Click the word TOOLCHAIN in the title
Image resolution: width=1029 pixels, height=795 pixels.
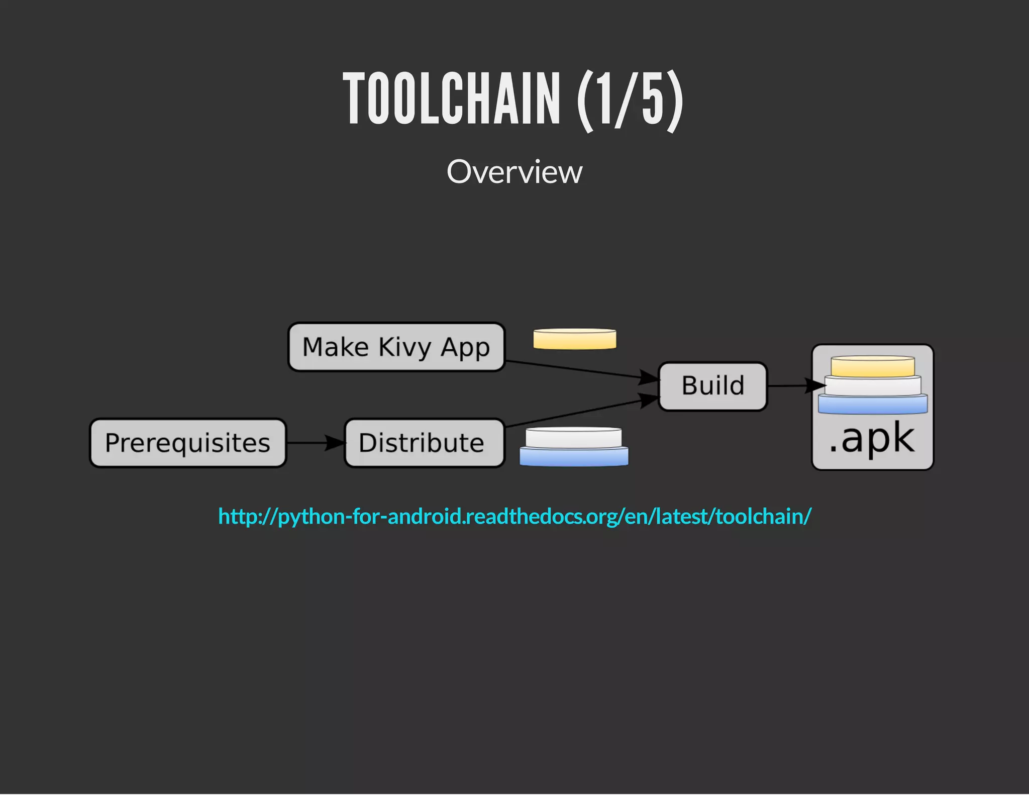(451, 98)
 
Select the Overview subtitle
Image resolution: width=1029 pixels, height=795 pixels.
(514, 172)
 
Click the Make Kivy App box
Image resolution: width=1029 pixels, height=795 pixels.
(396, 347)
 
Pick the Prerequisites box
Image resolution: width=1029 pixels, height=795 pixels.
(188, 443)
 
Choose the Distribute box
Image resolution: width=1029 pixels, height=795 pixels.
(424, 443)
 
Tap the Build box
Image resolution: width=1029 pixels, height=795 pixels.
(712, 386)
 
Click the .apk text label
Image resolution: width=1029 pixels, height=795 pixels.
(871, 439)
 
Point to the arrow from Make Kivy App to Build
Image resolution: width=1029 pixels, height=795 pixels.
(578, 369)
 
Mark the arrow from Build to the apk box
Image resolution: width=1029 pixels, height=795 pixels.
(794, 386)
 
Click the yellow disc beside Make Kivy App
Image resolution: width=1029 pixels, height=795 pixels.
(574, 339)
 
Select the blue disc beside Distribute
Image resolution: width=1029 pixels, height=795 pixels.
(573, 457)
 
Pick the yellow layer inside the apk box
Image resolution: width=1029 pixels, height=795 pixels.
(872, 366)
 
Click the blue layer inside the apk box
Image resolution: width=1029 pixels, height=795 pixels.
(872, 405)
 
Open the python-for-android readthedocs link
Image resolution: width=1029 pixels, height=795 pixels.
(514, 517)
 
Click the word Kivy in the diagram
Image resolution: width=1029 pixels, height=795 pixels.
(405, 348)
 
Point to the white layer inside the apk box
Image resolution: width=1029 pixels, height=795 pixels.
(872, 386)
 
